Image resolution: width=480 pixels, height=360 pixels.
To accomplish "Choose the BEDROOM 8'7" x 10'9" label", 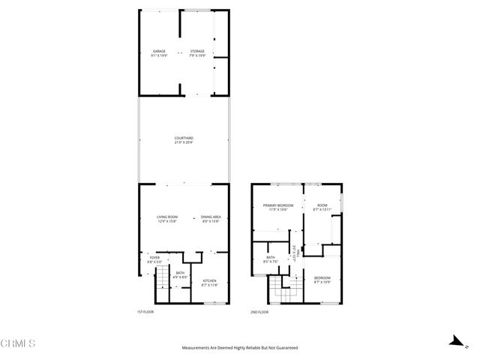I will coord(322,280).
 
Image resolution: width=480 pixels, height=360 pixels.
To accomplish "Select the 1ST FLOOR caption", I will coord(145,311).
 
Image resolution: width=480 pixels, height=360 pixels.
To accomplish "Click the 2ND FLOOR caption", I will coord(259,311).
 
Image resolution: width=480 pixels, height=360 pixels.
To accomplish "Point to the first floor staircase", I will coord(160,283).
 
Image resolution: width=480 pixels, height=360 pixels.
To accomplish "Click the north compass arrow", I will coord(455,341).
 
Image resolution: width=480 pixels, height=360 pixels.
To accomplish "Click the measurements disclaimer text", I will coord(239,348).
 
